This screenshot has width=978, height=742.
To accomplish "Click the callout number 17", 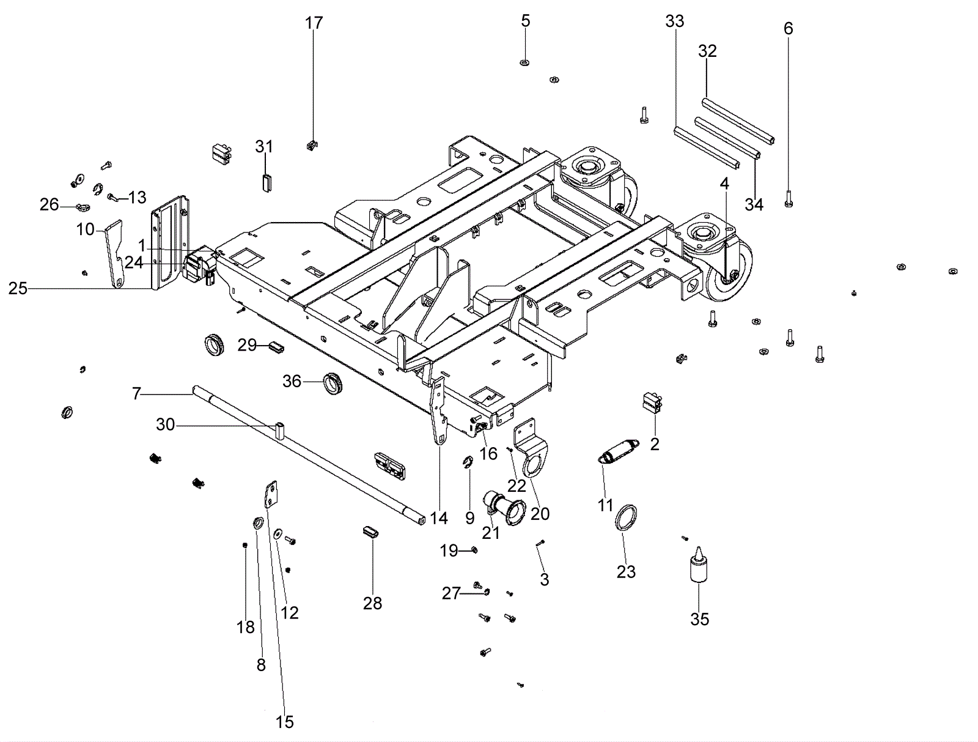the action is pyautogui.click(x=314, y=23).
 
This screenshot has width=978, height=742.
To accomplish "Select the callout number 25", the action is pyautogui.click(x=18, y=289).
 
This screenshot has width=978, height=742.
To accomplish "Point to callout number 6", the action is pyautogui.click(x=788, y=29).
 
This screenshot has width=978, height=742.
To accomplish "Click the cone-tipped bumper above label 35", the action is pyautogui.click(x=699, y=565).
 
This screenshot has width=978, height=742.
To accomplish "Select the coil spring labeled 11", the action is pyautogui.click(x=619, y=451).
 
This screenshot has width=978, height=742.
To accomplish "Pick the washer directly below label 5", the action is pyautogui.click(x=525, y=62).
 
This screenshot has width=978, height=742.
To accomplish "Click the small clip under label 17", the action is pyautogui.click(x=313, y=145).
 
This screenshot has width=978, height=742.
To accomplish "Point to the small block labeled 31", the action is pyautogui.click(x=266, y=182).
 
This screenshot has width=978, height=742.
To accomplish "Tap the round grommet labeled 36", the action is pyautogui.click(x=334, y=382).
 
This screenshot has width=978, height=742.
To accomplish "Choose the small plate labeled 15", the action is pyautogui.click(x=271, y=495).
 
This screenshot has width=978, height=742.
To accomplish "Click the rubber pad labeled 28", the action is pyautogui.click(x=370, y=532).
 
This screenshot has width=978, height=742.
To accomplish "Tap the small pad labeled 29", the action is pyautogui.click(x=276, y=347).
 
